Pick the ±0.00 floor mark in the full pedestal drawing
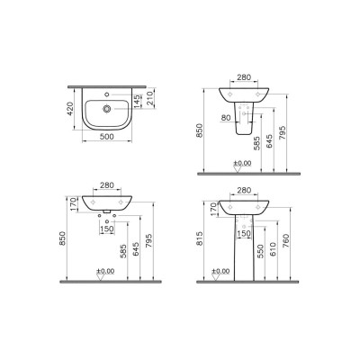click(x=220, y=270)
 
